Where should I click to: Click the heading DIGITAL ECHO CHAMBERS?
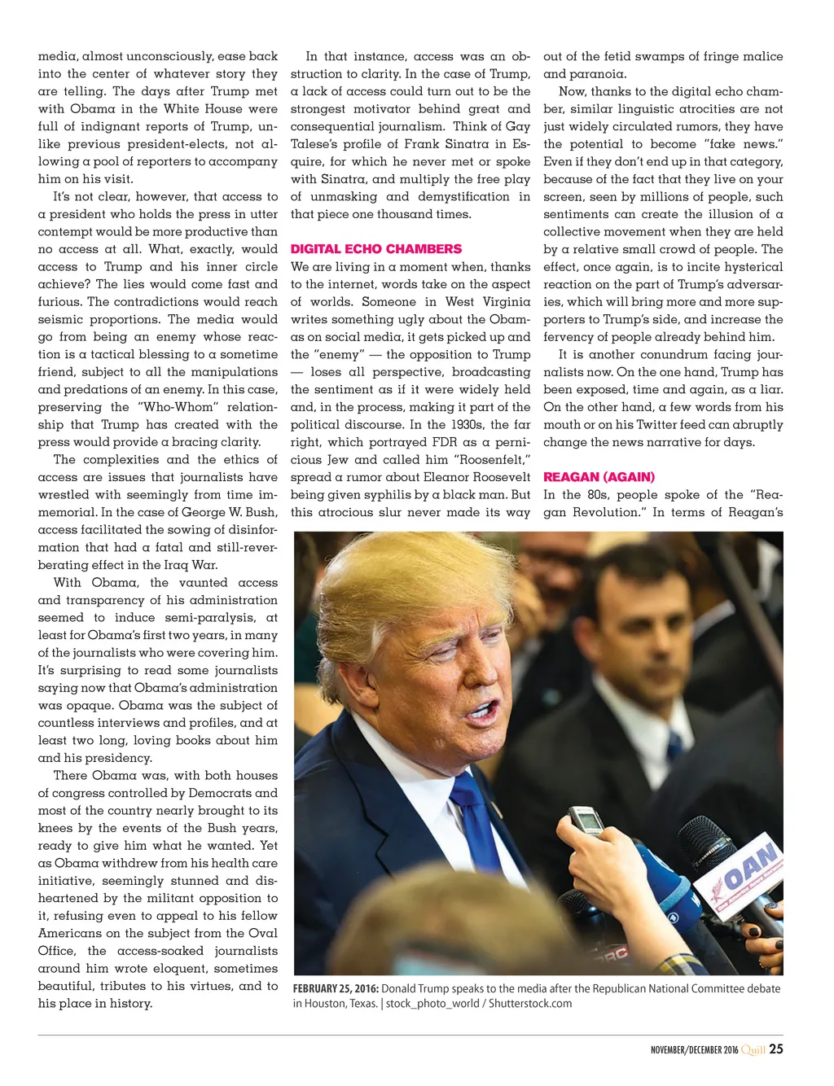375,249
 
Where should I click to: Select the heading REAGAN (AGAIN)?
599,477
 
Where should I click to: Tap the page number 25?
776,1049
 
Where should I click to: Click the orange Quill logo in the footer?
753,1049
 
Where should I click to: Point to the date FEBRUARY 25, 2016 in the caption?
336,988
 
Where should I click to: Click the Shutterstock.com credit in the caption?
530,1003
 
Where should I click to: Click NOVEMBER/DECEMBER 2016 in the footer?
694,1050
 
